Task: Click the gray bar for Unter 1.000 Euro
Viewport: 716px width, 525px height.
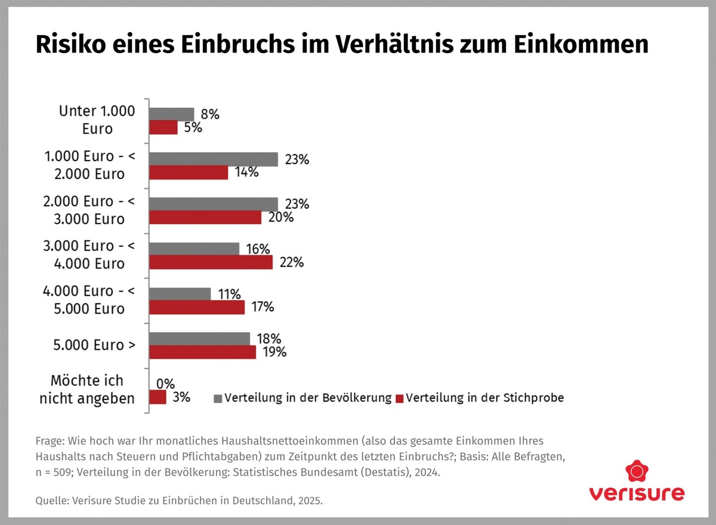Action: click(x=172, y=114)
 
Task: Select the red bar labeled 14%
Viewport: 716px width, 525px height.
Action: click(x=189, y=172)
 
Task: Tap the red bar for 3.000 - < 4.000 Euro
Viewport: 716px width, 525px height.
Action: click(x=211, y=262)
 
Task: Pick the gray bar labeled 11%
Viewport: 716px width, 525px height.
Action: click(x=180, y=294)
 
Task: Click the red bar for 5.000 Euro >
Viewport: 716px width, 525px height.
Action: click(x=202, y=352)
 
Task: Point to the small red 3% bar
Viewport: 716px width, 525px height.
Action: click(x=158, y=397)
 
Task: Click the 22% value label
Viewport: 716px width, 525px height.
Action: click(x=291, y=262)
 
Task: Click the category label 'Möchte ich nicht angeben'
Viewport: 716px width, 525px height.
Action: click(x=87, y=390)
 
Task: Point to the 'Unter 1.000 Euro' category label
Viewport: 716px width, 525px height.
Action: click(x=97, y=119)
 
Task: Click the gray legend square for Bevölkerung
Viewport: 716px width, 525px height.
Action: click(x=218, y=398)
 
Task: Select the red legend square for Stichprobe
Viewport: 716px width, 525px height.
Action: click(x=400, y=398)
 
